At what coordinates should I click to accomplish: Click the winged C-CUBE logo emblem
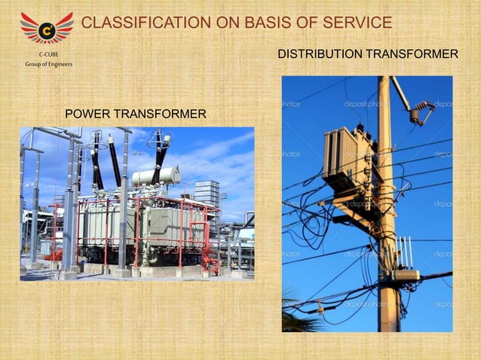(x=47, y=29)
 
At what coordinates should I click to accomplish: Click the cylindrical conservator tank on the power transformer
(x=155, y=176)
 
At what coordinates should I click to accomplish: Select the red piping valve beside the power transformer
(x=54, y=255)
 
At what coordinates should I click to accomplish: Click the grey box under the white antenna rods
(x=405, y=276)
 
